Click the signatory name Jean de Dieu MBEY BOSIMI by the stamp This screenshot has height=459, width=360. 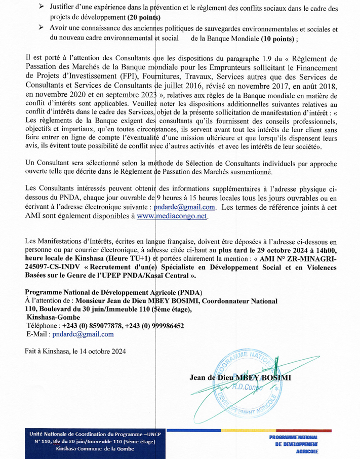240,377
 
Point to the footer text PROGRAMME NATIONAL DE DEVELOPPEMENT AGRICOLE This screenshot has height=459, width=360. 294,444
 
